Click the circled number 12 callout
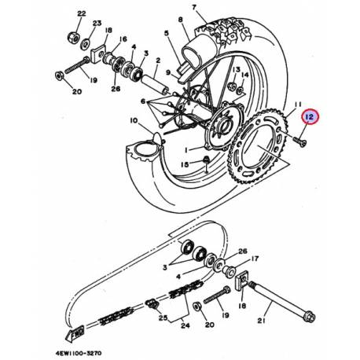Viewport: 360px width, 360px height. (x=310, y=117)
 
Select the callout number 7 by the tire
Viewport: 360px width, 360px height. (x=196, y=6)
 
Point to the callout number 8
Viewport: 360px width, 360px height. (x=180, y=18)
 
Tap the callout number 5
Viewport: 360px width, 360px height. (x=167, y=34)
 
